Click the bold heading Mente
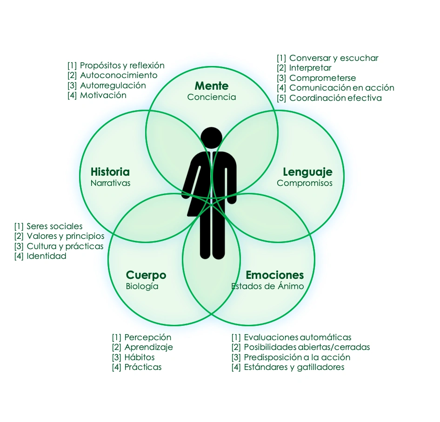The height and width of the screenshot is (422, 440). pos(212,86)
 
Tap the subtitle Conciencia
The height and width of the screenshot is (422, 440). pos(212,97)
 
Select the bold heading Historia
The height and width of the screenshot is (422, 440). pos(110,172)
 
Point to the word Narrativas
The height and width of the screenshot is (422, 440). pos(111,183)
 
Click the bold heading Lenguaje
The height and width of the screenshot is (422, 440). pos(307,172)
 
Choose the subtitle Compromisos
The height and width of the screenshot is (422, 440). pos(305,183)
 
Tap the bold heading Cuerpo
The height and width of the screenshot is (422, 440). pos(146,275)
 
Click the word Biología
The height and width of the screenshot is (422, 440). pos(142,286)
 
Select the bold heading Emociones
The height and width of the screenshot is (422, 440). pos(274,275)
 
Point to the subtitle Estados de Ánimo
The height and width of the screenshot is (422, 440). pos(267,286)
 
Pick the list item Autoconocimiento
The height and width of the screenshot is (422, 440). pos(119,75)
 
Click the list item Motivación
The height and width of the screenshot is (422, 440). pos(103,95)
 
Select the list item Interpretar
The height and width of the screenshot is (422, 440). pos(310,68)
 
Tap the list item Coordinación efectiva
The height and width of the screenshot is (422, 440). pos(335,98)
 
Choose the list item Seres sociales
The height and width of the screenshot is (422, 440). pos(54,226)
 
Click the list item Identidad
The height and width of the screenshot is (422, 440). pos(47,256)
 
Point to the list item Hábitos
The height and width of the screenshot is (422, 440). pos(140,357)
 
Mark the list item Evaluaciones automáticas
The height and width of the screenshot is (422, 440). pos(298,337)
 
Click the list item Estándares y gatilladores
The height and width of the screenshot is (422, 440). pos(294,367)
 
